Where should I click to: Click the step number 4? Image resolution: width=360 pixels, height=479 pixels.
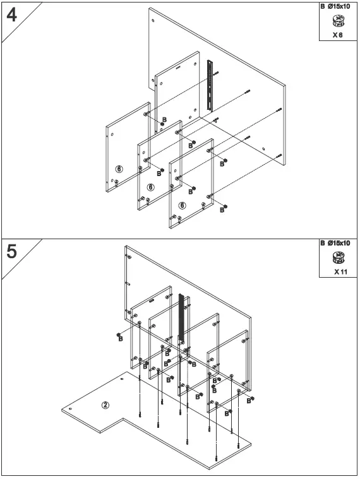point(11,15)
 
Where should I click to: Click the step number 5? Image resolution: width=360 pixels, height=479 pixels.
point(11,252)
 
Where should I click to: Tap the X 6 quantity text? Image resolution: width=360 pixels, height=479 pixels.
point(338,35)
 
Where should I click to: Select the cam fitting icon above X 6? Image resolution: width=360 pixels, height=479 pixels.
point(338,21)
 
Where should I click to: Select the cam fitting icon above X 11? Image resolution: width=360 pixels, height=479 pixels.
point(339,257)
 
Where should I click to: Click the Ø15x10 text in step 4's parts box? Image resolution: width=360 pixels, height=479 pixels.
point(342,6)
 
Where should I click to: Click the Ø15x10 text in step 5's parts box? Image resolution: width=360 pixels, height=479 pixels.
point(342,243)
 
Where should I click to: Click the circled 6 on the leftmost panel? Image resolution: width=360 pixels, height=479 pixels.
point(119,169)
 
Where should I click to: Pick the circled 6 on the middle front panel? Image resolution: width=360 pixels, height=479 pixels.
point(150,187)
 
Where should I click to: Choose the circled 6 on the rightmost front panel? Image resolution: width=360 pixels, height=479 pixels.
point(182,205)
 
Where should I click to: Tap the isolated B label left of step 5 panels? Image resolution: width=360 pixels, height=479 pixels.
point(120,339)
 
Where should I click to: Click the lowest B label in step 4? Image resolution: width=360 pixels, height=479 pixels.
point(222,210)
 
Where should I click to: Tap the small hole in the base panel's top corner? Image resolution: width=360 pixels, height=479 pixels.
point(121,380)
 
